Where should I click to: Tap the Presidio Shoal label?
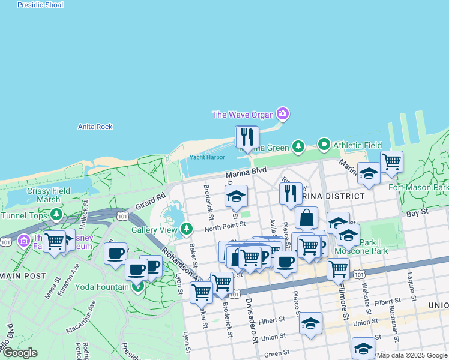tap(40, 5)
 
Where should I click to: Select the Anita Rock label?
tap(95, 127)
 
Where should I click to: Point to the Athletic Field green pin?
tap(324, 145)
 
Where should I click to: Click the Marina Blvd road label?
tap(246, 172)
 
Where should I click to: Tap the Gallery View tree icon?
tap(187, 229)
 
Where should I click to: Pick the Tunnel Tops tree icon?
tap(56, 214)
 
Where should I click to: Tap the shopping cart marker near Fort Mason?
tap(391, 161)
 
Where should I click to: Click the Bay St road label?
tap(417, 212)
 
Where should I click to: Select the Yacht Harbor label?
tap(207, 157)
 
